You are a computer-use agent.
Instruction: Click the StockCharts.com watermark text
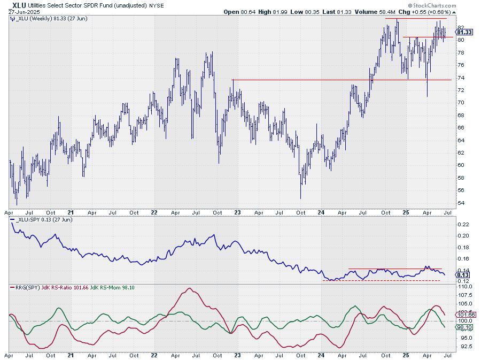click(432, 5)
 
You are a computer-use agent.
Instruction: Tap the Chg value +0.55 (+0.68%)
click(431, 12)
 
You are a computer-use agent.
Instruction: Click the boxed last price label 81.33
click(464, 32)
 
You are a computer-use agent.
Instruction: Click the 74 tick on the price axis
click(461, 78)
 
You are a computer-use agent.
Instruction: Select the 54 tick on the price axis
click(461, 203)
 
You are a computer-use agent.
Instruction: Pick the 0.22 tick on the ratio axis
click(463, 224)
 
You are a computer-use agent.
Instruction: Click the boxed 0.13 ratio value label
click(463, 275)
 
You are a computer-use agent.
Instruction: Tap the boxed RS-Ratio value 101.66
click(466, 315)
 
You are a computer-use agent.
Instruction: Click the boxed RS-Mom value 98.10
click(464, 327)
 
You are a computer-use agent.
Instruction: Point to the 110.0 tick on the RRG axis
click(465, 286)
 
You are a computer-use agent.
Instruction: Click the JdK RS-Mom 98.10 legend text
click(112, 288)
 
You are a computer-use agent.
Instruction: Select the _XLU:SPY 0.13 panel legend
click(41, 220)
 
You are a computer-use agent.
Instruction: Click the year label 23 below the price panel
click(237, 212)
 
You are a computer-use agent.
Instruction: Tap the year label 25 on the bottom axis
click(406, 355)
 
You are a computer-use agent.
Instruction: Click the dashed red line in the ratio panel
click(381, 280)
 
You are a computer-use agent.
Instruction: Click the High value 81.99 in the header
click(279, 12)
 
